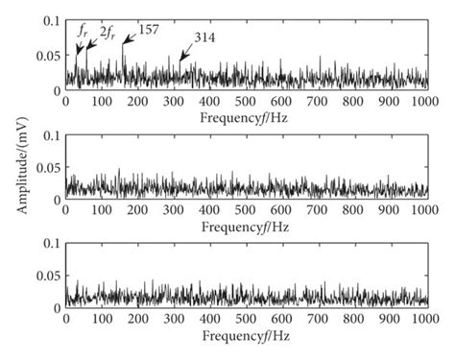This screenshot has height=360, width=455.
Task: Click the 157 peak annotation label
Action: [x=150, y=30]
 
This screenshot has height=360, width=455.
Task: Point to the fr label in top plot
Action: [x=83, y=31]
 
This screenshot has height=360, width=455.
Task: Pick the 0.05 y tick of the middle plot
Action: [x=46, y=165]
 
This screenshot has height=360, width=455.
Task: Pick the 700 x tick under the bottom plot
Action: [x=318, y=323]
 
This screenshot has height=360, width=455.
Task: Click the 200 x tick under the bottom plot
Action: [x=137, y=323]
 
